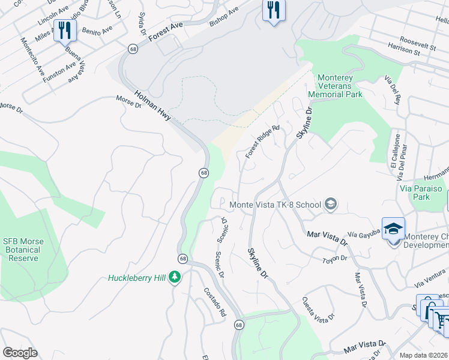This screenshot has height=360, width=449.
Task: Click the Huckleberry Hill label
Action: click(x=137, y=278)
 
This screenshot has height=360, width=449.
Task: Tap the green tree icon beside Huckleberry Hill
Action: click(x=175, y=278)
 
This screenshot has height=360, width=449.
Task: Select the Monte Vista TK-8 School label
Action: click(x=276, y=205)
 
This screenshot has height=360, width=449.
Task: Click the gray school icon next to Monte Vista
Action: click(x=330, y=205)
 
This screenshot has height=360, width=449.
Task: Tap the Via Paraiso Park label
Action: click(x=421, y=192)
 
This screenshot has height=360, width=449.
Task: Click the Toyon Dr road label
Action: click(x=335, y=259)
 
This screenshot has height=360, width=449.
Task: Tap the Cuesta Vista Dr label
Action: click(x=318, y=310)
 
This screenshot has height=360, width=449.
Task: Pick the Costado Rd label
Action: click(x=214, y=301)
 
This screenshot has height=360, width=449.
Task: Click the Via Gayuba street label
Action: click(x=364, y=233)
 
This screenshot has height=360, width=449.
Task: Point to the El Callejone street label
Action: click(x=393, y=152)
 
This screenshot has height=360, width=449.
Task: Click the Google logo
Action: click(x=20, y=353)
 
